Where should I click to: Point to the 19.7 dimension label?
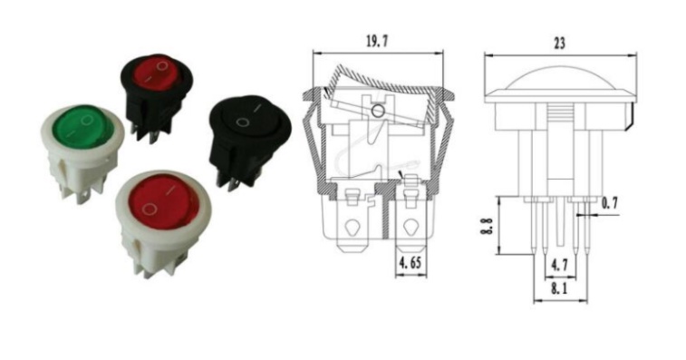tap(375, 41)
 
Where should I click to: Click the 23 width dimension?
tap(560, 43)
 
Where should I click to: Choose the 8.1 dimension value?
tap(560, 289)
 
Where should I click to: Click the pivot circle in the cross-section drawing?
tap(378, 111)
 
